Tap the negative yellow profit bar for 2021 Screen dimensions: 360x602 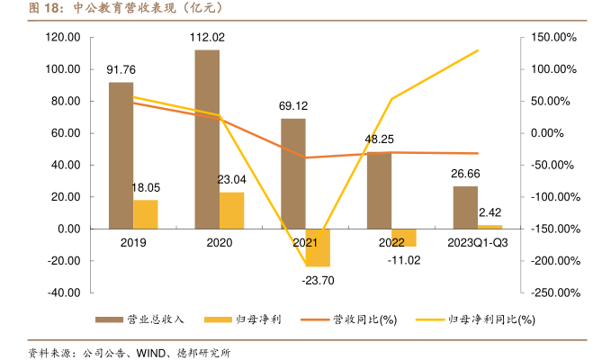click(x=318, y=247)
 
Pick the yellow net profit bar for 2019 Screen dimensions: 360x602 click(x=146, y=214)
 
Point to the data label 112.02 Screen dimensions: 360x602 click(x=207, y=38)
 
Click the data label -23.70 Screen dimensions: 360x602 click(x=318, y=279)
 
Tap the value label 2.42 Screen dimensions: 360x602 click(x=490, y=212)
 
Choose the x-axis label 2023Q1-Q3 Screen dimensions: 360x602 click(x=478, y=243)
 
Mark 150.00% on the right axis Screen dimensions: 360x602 click(x=554, y=38)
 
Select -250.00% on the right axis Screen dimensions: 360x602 click(x=553, y=292)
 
